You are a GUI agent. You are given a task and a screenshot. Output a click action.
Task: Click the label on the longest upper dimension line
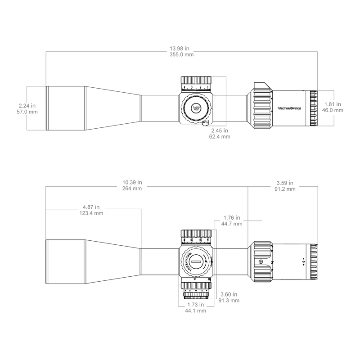point(181,51)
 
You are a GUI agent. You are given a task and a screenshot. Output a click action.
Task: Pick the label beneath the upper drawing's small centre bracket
point(220,133)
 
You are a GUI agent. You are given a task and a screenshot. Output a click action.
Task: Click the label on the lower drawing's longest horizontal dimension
point(132,185)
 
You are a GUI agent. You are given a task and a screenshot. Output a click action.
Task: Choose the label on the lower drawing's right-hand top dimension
point(284,185)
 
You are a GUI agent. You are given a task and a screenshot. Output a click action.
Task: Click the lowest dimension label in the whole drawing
point(196,306)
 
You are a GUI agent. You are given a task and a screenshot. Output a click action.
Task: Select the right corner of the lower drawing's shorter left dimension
point(141,209)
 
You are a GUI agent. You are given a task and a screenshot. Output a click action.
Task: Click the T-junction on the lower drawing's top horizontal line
point(248,185)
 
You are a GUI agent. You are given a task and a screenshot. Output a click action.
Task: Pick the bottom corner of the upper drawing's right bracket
point(334,126)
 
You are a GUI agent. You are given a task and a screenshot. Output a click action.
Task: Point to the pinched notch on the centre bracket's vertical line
point(226,95)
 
